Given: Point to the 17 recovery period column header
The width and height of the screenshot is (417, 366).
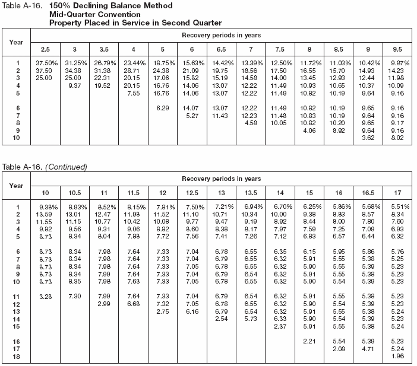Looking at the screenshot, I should (397, 193).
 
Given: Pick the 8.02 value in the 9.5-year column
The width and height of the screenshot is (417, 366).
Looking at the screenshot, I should (397, 138).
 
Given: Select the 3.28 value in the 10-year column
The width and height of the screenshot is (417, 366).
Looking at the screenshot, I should (45, 296).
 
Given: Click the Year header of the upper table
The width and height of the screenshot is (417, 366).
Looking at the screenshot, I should (17, 42).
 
